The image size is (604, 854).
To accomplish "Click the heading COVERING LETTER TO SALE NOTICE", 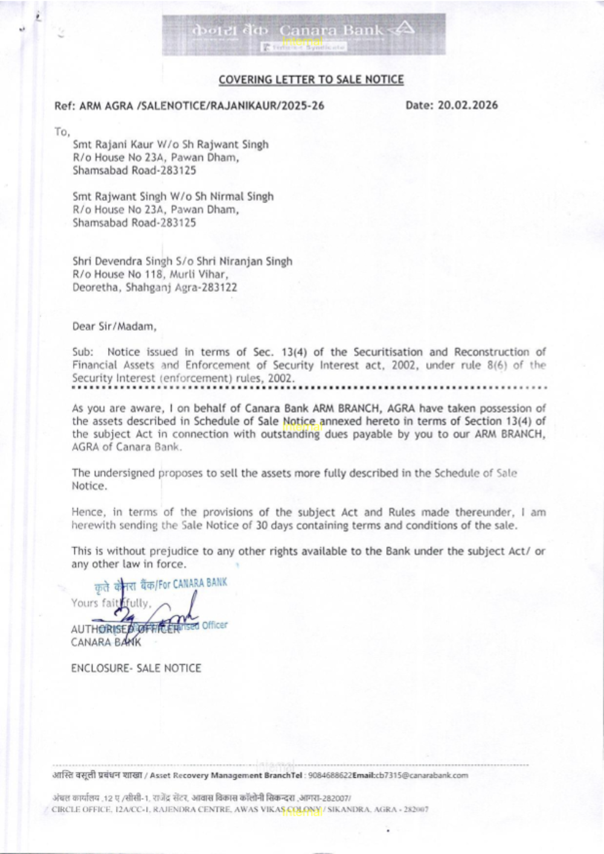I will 311,79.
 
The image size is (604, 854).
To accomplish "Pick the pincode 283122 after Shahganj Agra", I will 220,287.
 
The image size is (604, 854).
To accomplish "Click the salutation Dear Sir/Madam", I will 114,327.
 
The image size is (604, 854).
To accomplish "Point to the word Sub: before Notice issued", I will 82,352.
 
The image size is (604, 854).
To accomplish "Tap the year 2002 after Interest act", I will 405,365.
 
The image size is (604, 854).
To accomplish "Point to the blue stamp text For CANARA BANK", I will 192,583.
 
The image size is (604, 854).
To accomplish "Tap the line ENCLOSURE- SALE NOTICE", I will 136,668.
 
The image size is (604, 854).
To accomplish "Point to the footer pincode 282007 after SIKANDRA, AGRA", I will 417,809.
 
